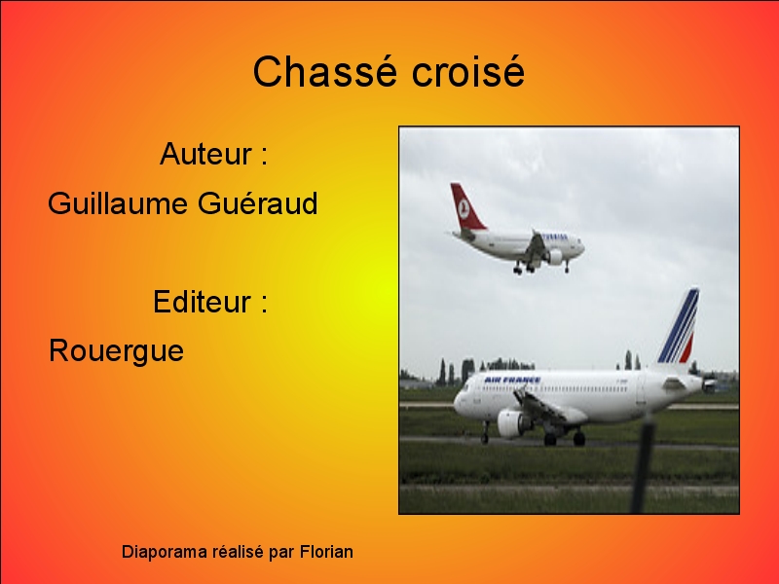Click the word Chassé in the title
(x=325, y=71)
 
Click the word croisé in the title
(x=468, y=71)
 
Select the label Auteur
(x=205, y=154)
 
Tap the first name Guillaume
(x=118, y=203)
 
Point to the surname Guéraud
(x=258, y=203)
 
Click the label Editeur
(x=202, y=301)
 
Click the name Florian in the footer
(x=326, y=552)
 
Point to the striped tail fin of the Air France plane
(x=679, y=327)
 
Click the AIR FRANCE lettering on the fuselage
(x=512, y=380)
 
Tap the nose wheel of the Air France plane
(x=484, y=439)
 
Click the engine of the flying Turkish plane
(x=555, y=257)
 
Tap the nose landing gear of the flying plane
(x=567, y=267)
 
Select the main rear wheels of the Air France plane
(x=565, y=439)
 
